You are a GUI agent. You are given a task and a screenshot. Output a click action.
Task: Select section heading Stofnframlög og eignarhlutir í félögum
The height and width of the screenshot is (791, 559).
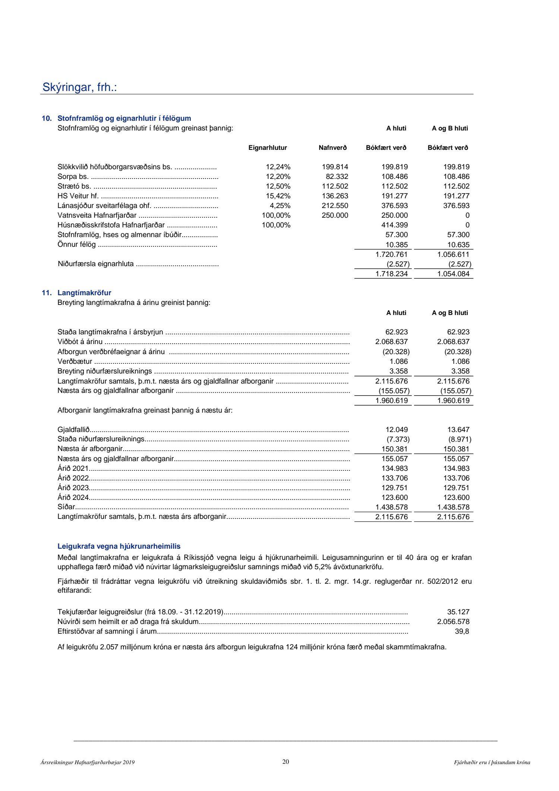point(124,119)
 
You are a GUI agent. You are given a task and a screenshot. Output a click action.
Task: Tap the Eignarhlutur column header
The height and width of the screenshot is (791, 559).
point(268,148)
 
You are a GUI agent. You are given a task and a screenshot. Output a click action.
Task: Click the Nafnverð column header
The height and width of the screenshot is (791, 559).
point(332,148)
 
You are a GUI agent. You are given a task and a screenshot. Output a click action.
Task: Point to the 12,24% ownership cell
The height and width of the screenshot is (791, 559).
point(278,167)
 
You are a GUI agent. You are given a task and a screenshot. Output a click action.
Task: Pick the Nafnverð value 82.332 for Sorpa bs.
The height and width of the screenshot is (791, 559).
point(337,177)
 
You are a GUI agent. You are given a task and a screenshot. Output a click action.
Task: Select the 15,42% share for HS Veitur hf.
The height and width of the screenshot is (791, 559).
point(278,196)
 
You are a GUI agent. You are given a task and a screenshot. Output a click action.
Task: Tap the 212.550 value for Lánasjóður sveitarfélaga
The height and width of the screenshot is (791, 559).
point(335,206)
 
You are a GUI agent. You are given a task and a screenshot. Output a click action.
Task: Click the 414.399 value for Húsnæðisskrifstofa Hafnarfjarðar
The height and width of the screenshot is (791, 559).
point(395,225)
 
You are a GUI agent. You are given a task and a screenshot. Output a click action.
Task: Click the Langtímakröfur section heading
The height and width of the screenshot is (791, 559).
point(84,293)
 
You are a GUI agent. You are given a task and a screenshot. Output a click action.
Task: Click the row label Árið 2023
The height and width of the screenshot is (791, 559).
point(73,488)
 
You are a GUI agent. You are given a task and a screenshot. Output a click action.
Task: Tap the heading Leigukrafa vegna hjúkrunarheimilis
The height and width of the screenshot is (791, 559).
point(119,546)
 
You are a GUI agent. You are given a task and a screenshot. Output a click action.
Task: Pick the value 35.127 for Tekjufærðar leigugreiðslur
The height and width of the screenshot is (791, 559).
point(458,612)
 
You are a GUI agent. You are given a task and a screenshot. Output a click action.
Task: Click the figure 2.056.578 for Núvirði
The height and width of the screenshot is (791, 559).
point(453,622)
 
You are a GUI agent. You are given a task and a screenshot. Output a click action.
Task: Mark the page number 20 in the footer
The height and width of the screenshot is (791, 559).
point(285,762)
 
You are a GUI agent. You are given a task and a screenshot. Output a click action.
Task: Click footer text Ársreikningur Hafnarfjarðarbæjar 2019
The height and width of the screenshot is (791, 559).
point(88,763)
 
